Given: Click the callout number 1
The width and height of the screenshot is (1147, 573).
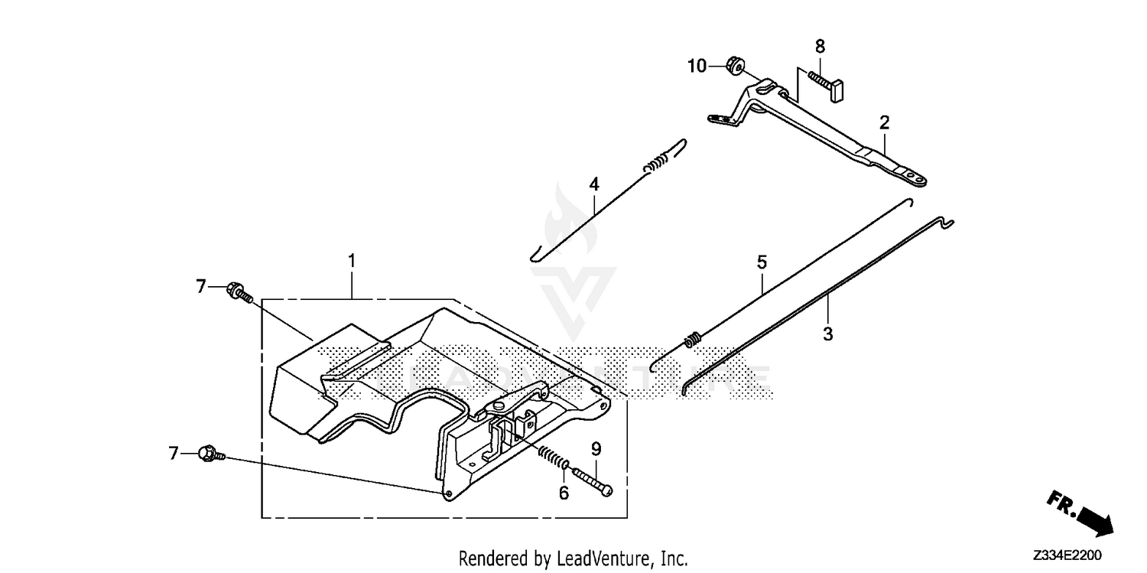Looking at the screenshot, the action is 352,261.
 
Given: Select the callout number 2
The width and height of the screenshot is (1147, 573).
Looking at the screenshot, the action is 884,123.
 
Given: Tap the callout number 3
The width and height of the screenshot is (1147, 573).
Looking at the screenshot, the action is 828,334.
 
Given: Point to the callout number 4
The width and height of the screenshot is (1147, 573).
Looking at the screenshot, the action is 594,184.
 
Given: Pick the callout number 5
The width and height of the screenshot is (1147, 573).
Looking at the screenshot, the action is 762,262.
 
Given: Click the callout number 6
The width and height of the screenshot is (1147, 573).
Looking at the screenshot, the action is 564,493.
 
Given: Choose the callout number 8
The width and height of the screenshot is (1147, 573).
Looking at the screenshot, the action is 820,47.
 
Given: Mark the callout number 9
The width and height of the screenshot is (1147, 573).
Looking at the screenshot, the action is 596,449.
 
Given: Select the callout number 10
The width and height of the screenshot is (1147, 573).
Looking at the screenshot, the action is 697,66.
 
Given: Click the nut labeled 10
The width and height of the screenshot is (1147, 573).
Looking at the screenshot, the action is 736,65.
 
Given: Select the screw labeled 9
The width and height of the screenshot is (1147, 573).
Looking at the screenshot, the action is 593,482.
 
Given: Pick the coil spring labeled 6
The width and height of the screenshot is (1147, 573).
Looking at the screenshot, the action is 552,457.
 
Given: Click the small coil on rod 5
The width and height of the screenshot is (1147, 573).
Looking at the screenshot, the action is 693,340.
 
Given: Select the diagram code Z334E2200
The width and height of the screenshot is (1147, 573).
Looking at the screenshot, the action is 1067,555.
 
